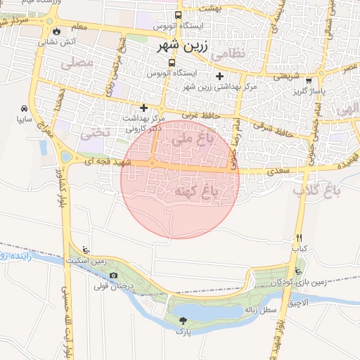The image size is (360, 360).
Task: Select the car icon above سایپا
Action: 24,109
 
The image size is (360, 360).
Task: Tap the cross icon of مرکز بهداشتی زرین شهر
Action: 219,76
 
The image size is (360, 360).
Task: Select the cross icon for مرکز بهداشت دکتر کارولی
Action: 144,108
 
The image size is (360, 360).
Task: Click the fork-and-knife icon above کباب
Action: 299,238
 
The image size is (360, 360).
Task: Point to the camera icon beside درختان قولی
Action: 113,275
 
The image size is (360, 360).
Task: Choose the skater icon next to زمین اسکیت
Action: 86,250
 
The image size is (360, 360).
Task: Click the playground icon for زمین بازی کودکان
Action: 300,272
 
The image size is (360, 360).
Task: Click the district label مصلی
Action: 79,63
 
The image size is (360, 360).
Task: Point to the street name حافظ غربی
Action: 200,115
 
